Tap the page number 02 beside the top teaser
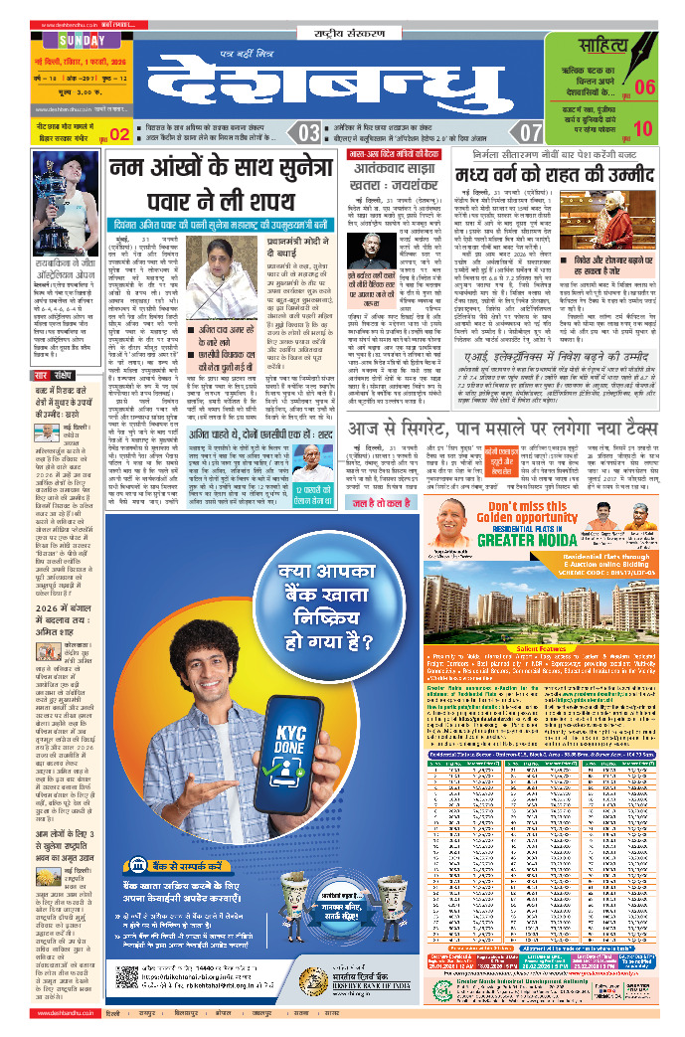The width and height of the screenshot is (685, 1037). coord(119,134)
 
